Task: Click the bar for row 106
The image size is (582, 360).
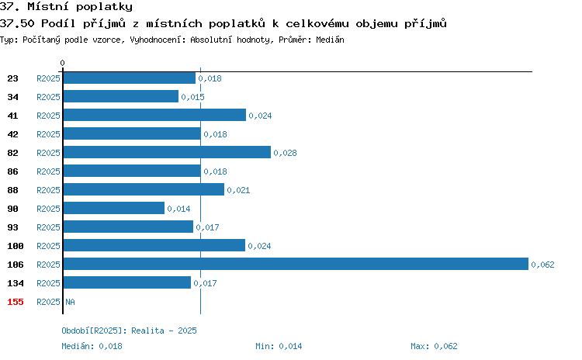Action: click(296, 264)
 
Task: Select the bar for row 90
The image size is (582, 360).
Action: click(114, 208)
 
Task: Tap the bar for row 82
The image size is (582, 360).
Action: click(167, 152)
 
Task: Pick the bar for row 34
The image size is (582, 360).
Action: click(121, 96)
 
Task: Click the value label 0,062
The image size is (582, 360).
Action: click(542, 265)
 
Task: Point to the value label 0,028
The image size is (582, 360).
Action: click(285, 153)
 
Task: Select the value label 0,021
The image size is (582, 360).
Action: click(238, 190)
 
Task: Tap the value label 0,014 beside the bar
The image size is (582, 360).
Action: click(178, 209)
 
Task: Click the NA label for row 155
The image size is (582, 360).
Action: click(70, 302)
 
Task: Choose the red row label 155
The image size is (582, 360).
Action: click(16, 302)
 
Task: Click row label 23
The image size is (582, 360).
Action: click(12, 78)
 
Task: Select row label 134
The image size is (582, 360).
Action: click(16, 283)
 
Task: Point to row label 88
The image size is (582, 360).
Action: click(12, 190)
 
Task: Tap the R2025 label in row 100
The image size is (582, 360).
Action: click(48, 246)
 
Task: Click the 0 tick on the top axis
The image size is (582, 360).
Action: click(62, 63)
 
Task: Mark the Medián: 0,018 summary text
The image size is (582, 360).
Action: click(92, 346)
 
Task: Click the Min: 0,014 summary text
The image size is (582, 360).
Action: click(279, 346)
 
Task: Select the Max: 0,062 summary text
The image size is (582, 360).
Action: click(434, 346)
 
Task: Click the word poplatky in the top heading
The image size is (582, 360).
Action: click(104, 7)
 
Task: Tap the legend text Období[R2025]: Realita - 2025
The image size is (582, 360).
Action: click(129, 331)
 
